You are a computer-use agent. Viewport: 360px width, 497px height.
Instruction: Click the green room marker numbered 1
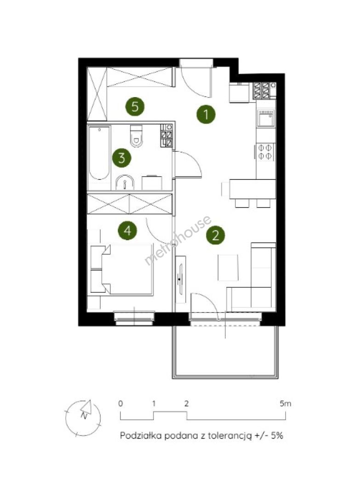coord(206,114)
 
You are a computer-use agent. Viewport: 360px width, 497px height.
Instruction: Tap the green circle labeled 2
coord(215,235)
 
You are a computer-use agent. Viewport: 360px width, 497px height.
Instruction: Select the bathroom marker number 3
coord(122,157)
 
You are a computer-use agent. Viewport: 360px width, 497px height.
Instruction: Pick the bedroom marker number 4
coord(127,231)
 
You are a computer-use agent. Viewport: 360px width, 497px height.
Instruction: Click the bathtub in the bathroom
coord(100,153)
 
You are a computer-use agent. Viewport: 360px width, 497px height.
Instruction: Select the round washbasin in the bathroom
coord(125,183)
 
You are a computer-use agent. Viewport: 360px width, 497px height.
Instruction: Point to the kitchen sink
coord(266,119)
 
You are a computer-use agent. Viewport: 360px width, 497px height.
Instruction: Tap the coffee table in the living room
coord(228,267)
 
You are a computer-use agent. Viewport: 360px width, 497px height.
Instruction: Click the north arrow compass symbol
coord(83,417)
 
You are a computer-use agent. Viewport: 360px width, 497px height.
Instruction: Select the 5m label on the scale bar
coord(285,404)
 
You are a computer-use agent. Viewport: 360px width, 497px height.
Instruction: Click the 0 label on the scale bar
coord(120,404)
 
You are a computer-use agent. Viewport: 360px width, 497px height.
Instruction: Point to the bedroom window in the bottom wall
coord(134,318)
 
